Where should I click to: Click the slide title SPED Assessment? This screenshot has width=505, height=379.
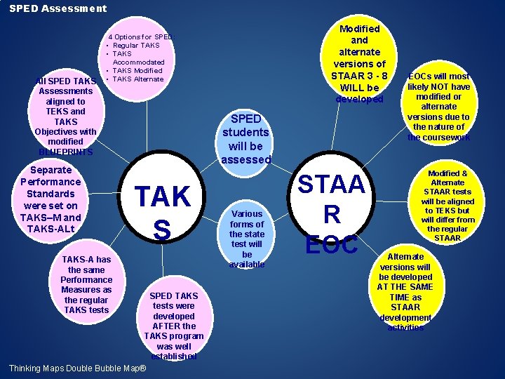[x=58, y=8]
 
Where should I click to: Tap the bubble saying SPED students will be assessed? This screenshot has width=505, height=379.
[x=246, y=139]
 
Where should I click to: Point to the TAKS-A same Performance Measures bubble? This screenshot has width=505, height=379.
[x=86, y=284]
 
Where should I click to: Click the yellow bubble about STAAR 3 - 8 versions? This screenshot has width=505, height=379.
[x=359, y=63]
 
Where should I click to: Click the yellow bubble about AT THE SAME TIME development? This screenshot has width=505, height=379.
[x=405, y=291]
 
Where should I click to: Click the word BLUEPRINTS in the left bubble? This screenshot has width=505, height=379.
[x=65, y=152]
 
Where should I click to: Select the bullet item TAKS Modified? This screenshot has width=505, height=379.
[x=137, y=70]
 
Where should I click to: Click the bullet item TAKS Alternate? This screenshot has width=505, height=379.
[x=138, y=79]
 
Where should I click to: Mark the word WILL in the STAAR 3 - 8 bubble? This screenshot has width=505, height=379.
[x=344, y=88]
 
